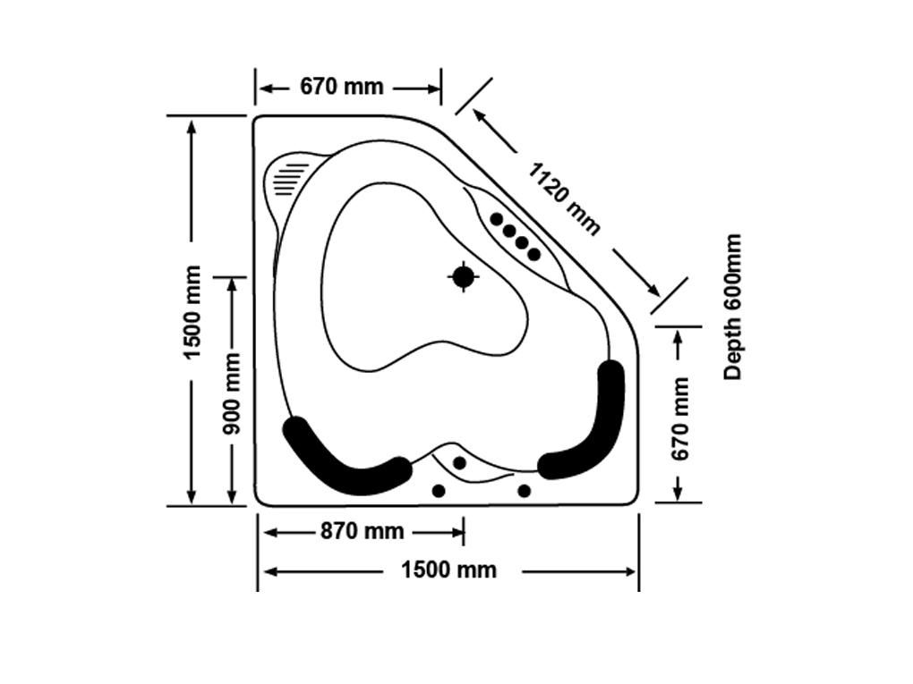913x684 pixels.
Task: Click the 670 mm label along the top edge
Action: [x=341, y=87]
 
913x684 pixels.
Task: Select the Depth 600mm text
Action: [x=734, y=307]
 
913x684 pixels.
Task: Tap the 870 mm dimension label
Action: [x=363, y=531]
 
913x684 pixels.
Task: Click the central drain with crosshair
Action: [x=463, y=277]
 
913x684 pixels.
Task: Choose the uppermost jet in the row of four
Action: [x=497, y=219]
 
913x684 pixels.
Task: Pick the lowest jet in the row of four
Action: [x=534, y=254]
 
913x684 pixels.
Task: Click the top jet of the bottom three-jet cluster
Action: [x=459, y=462]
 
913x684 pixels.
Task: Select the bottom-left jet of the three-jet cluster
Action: [x=439, y=491]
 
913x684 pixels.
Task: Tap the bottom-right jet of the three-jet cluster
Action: [x=525, y=491]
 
